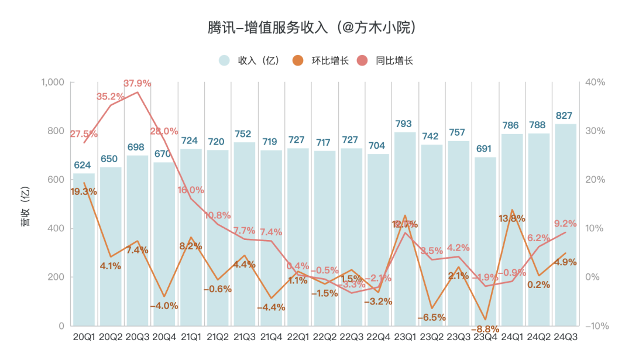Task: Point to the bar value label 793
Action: tap(404, 124)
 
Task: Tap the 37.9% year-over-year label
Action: tap(137, 83)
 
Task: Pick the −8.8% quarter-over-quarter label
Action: tap(485, 329)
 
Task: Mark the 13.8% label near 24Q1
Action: tap(511, 218)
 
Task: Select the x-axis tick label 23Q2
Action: tap(431, 337)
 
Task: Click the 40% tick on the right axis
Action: tap(595, 82)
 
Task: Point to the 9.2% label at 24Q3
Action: tap(565, 224)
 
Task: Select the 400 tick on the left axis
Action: tap(56, 228)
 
